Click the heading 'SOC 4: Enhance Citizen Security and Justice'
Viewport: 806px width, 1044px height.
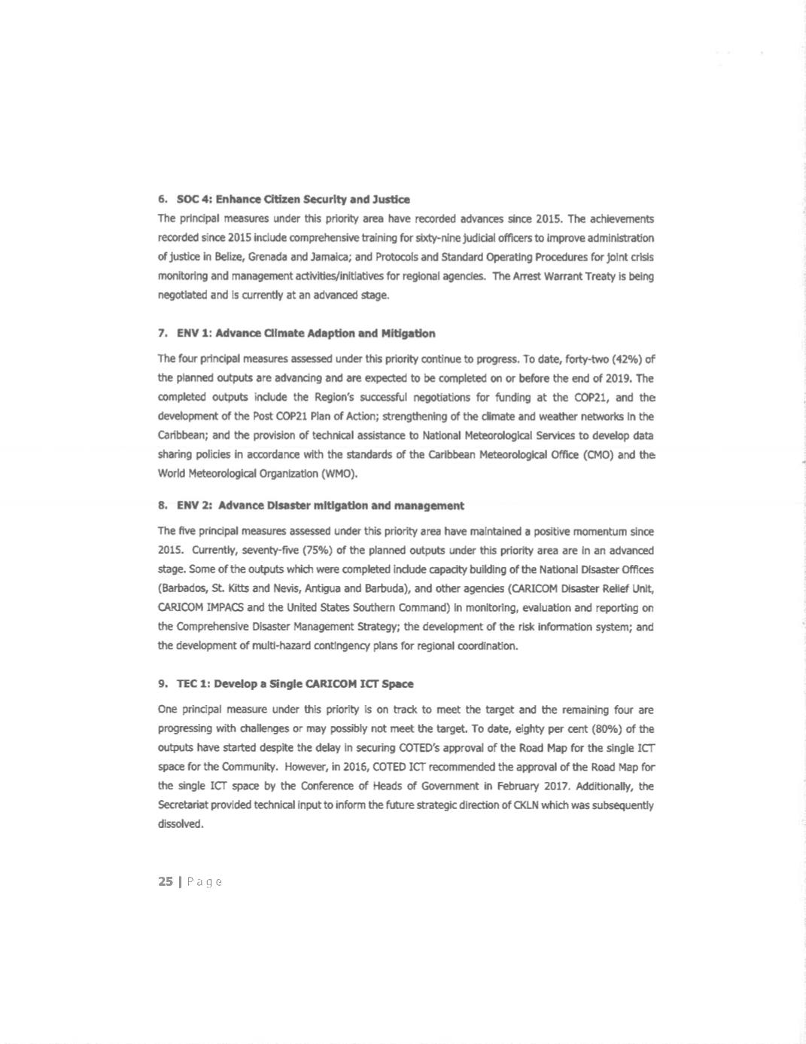coord(293,200)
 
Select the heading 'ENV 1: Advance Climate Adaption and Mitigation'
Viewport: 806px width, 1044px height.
coord(306,333)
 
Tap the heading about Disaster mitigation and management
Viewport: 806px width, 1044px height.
coord(320,505)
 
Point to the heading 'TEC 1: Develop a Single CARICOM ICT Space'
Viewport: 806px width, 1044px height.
coord(294,684)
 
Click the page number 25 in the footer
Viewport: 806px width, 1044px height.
coord(166,881)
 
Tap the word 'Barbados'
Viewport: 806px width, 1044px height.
coord(183,589)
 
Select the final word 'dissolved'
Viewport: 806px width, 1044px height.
coord(181,824)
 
